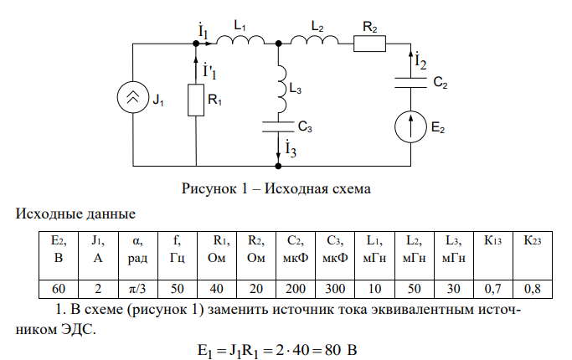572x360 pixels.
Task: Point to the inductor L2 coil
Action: (314, 39)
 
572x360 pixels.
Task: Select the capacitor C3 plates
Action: (279, 126)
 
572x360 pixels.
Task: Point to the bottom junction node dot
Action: (279, 166)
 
